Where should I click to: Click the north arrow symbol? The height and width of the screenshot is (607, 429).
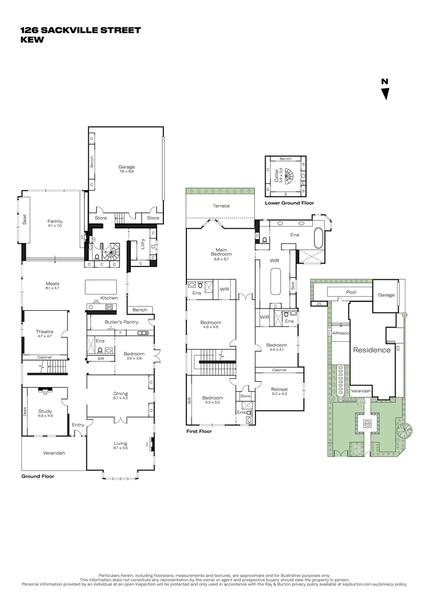pyautogui.click(x=385, y=90)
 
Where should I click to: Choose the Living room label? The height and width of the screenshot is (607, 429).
pyautogui.click(x=120, y=445)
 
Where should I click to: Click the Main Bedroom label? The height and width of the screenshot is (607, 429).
pyautogui.click(x=221, y=252)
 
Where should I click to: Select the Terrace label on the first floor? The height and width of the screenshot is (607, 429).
pyautogui.click(x=221, y=206)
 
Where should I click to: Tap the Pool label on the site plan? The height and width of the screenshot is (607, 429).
pyautogui.click(x=351, y=293)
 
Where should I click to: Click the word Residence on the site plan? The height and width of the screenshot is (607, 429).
pyautogui.click(x=371, y=350)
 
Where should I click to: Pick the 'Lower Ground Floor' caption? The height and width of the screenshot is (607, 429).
pyautogui.click(x=289, y=203)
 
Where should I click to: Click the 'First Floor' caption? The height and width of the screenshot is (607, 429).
pyautogui.click(x=199, y=432)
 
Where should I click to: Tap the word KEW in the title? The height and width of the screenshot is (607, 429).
pyautogui.click(x=32, y=40)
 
